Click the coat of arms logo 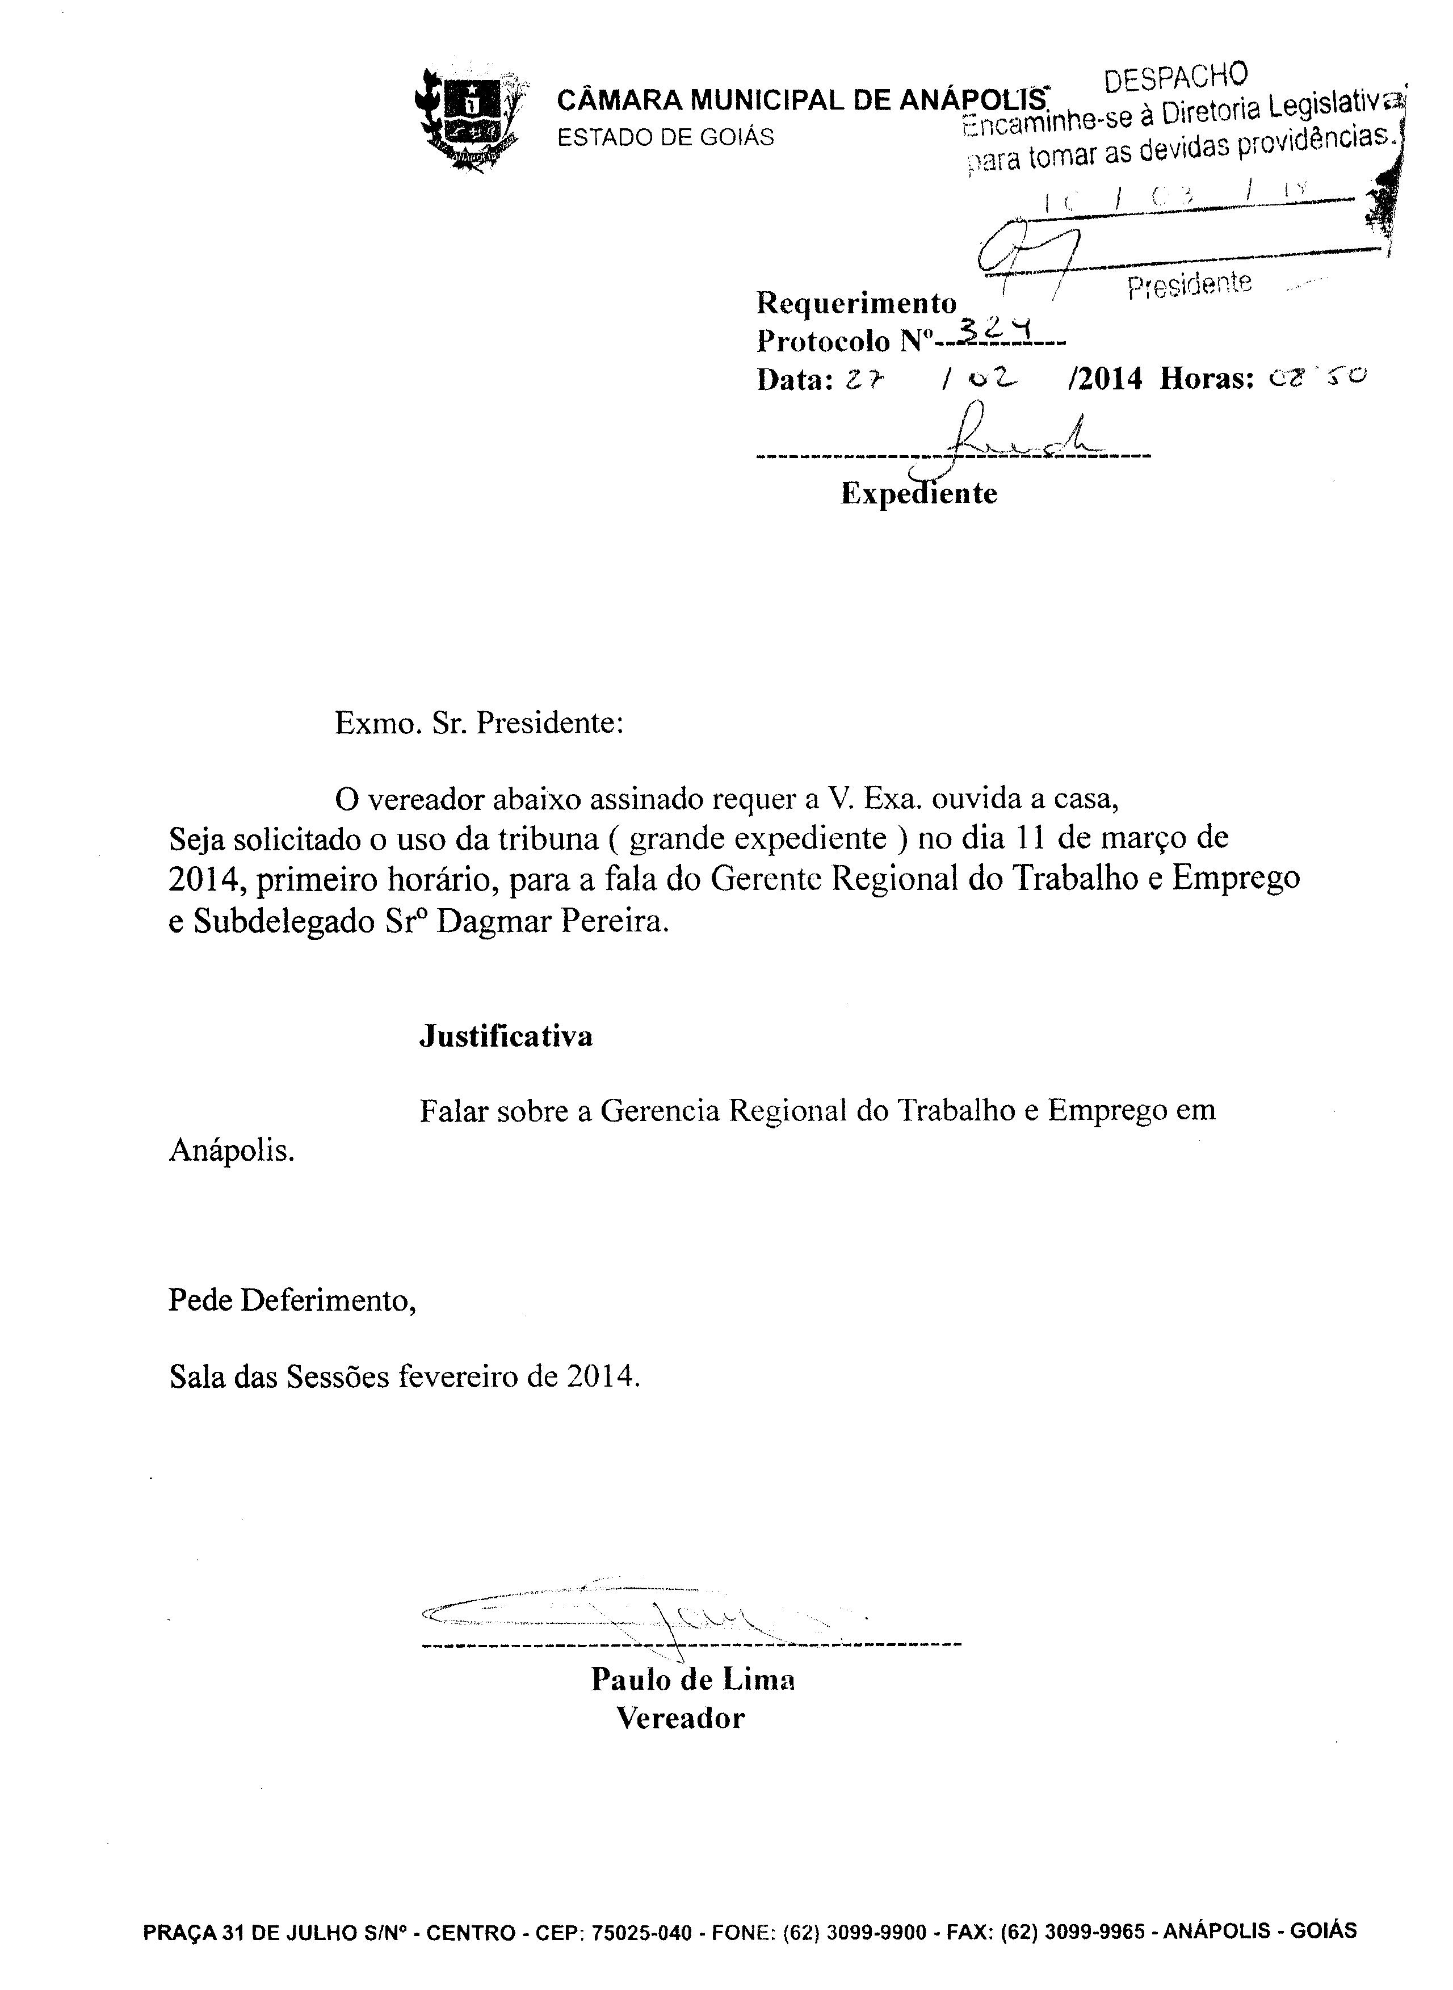coord(469,120)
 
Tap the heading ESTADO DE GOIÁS coord(666,137)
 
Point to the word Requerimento coord(856,303)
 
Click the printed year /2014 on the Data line coord(1104,379)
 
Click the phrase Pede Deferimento coord(292,1300)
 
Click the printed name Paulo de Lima coord(693,1680)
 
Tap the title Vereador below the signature coord(680,1718)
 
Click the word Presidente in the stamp coord(1189,284)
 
